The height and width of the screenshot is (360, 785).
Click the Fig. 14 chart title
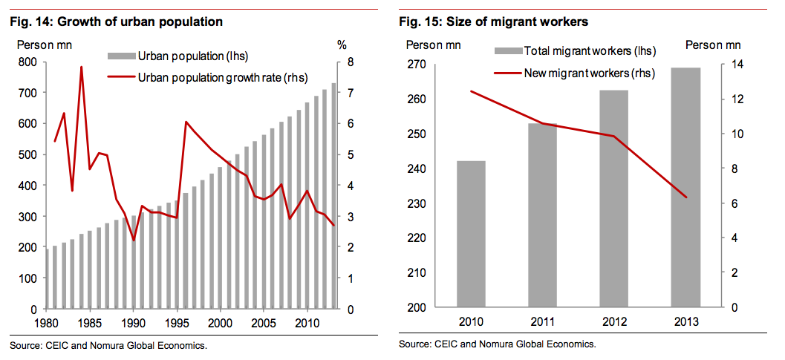(x=116, y=22)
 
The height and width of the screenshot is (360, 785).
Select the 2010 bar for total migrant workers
(x=471, y=234)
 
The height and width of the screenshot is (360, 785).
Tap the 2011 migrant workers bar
(x=542, y=215)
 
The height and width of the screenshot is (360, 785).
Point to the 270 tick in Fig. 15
(x=415, y=65)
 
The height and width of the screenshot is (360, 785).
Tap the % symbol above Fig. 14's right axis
(x=342, y=45)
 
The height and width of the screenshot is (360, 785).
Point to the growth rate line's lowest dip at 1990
(x=133, y=240)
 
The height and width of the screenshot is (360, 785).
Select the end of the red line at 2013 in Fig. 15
(x=685, y=197)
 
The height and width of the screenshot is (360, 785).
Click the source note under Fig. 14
(x=108, y=346)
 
